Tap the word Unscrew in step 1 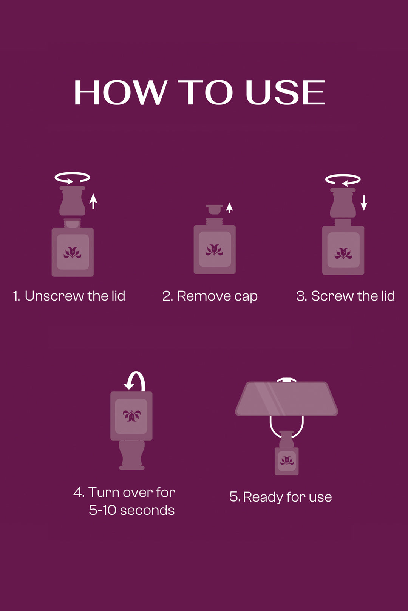coord(54,296)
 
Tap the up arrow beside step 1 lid coord(93,201)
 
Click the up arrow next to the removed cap coord(230,208)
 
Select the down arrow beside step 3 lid coord(364,203)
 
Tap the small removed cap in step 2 coord(214,209)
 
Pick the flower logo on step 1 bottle coord(73,253)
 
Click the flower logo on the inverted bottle coord(132,416)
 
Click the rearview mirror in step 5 coord(287,399)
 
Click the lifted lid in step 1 coord(72,201)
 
